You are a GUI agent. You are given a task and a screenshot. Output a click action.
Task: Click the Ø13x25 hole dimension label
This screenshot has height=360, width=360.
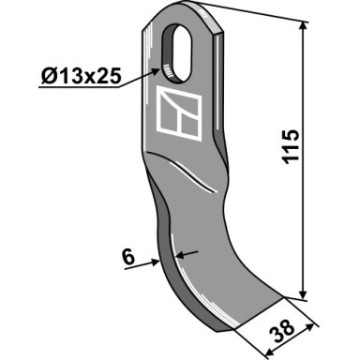81,76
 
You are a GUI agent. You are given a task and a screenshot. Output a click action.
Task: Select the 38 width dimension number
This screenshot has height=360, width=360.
283,329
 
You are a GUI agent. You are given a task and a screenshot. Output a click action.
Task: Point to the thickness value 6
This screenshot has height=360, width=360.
128,258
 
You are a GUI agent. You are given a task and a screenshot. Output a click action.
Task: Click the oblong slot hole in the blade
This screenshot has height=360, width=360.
176,54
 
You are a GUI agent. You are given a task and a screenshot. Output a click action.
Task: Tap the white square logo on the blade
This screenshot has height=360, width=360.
179,112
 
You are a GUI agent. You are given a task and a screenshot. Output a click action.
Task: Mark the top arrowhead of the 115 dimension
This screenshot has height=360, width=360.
303,26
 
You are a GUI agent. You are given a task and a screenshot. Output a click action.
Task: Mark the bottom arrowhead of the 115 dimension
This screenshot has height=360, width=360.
303,294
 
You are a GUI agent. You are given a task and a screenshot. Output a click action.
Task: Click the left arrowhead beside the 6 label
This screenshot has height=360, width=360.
155,262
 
